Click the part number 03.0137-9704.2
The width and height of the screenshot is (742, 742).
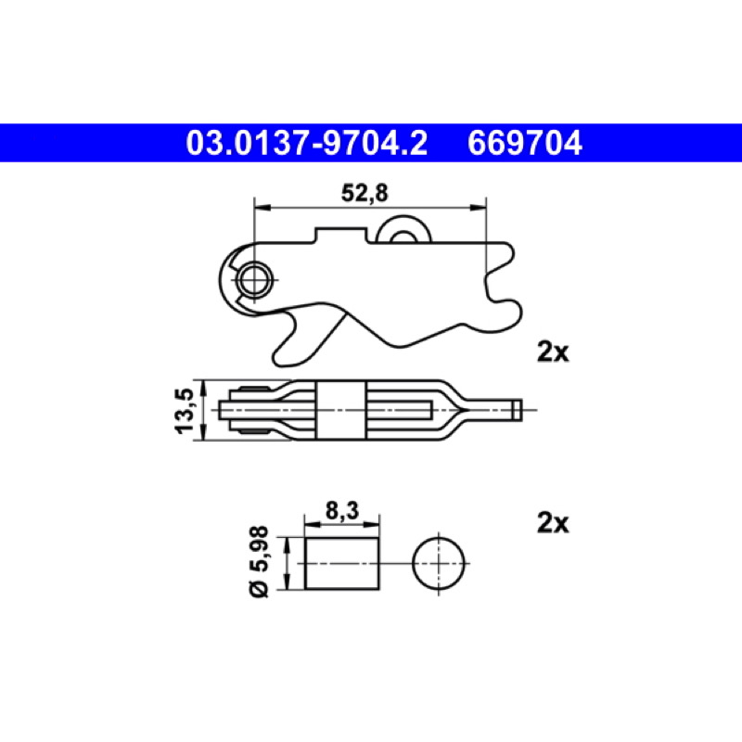pyautogui.click(x=307, y=143)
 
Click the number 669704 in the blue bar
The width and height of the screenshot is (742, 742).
pyautogui.click(x=525, y=143)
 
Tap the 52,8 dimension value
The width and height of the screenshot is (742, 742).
pyautogui.click(x=365, y=193)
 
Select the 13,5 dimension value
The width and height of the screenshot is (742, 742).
pyautogui.click(x=185, y=410)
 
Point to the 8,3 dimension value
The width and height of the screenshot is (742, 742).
pyautogui.click(x=342, y=511)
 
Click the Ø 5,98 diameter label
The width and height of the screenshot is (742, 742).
pyautogui.click(x=259, y=562)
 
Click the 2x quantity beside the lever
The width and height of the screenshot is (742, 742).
pyautogui.click(x=553, y=352)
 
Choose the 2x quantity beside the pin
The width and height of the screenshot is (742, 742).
pyautogui.click(x=553, y=523)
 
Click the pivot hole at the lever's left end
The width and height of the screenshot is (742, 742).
pyautogui.click(x=255, y=280)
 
